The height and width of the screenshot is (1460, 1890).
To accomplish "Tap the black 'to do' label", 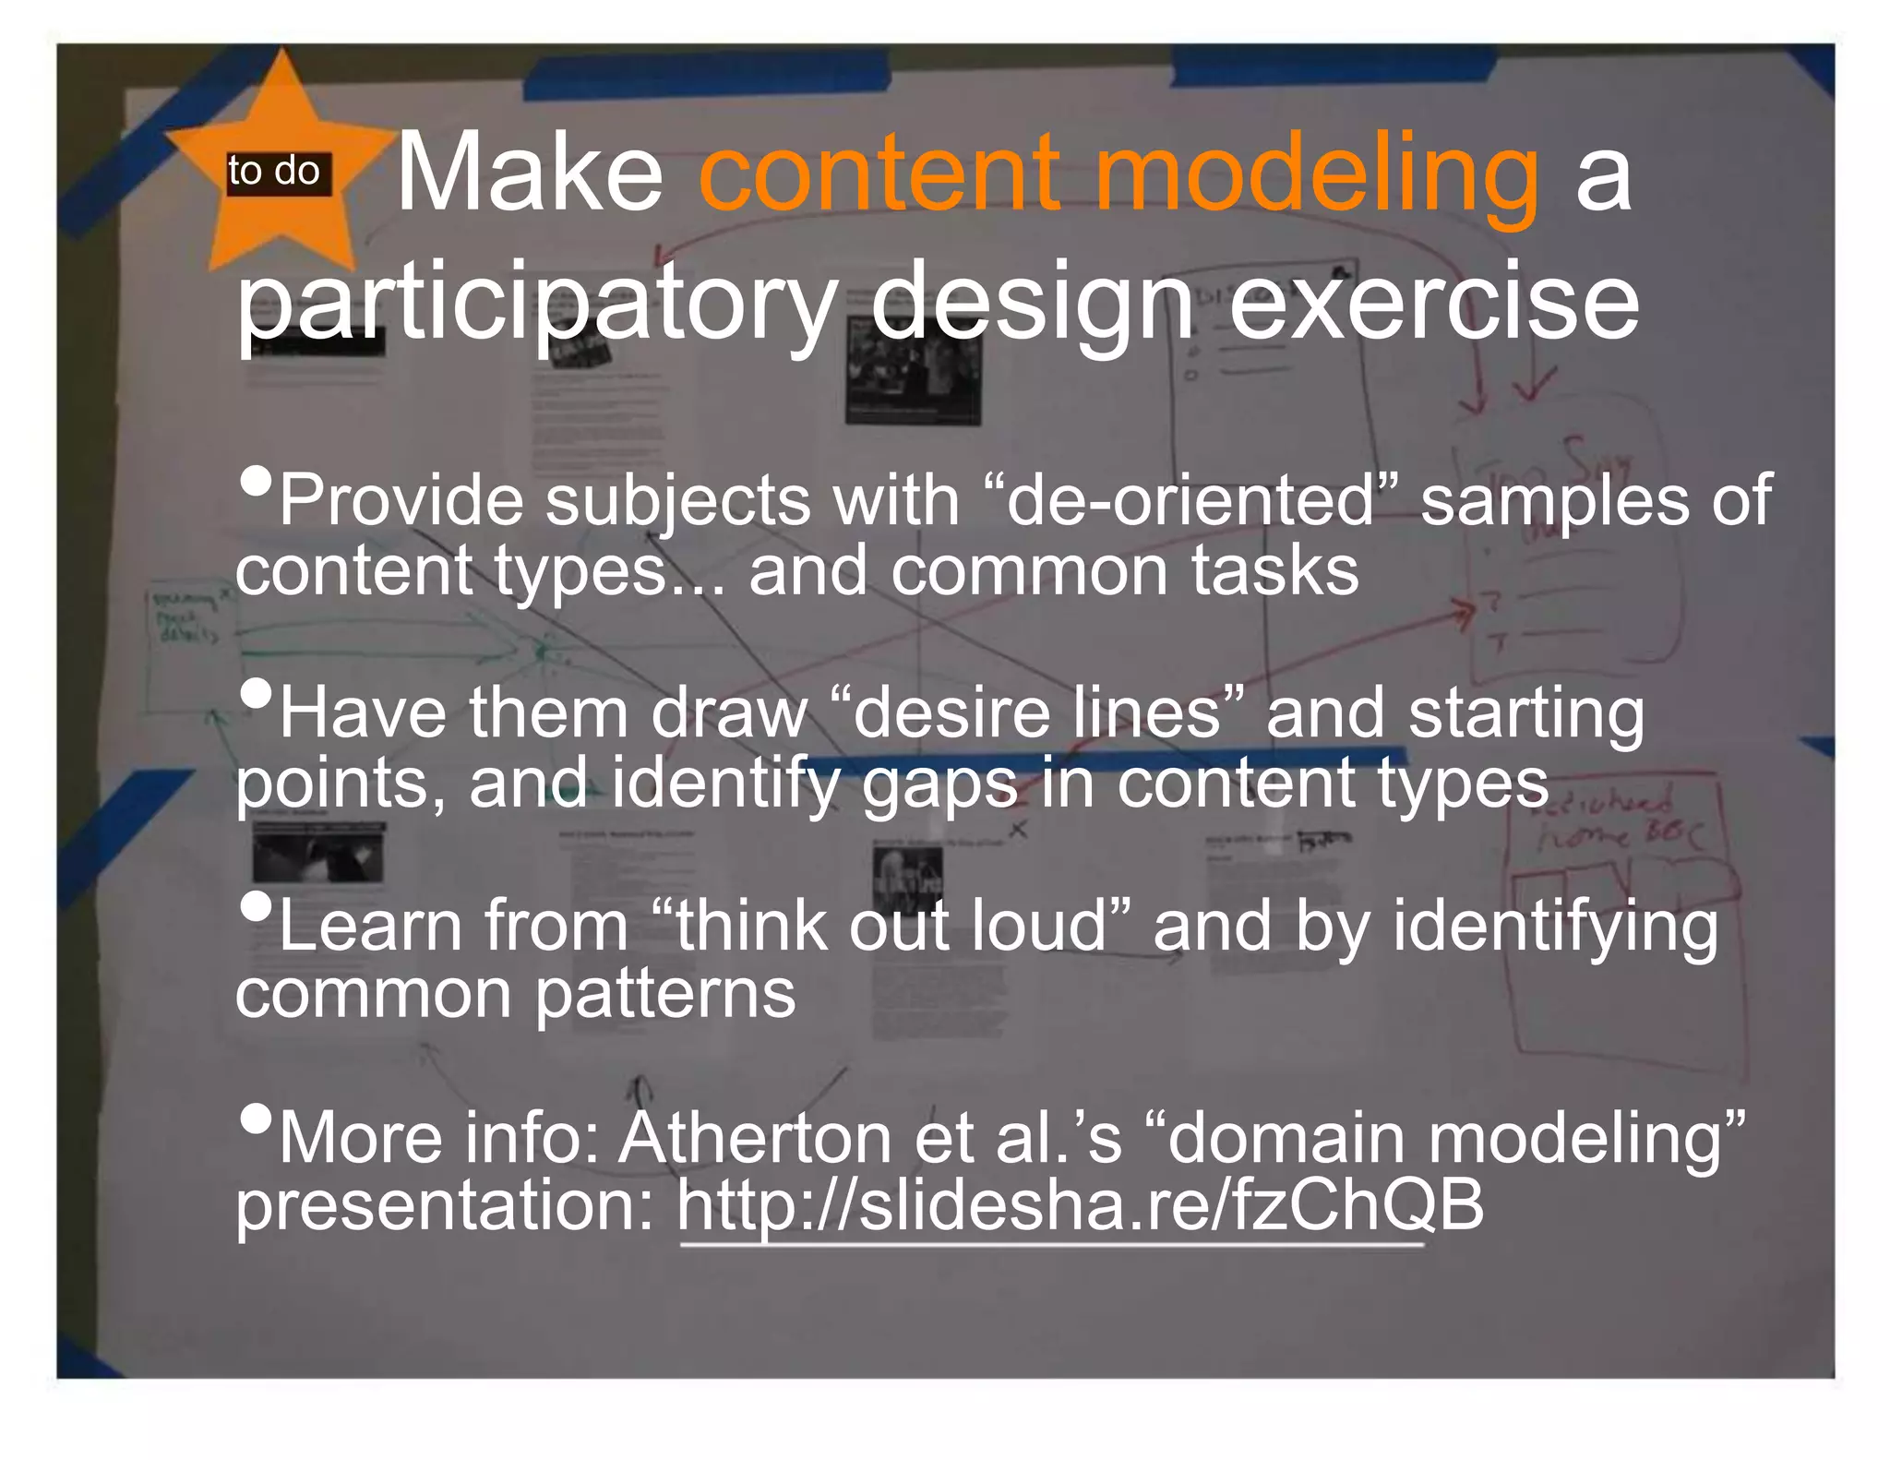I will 274,173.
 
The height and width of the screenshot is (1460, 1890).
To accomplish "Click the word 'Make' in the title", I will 530,173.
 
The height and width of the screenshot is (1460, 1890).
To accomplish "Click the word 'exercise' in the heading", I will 1434,302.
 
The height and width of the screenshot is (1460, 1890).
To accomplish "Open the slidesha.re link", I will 1080,1206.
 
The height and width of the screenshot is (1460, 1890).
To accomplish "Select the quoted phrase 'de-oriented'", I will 1190,500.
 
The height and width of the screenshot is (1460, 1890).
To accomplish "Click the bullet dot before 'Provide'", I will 256,479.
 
